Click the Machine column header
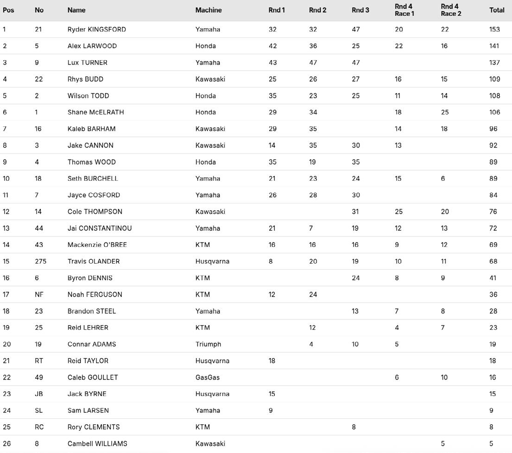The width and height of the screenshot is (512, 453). tap(209, 10)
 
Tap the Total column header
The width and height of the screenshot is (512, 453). tap(497, 10)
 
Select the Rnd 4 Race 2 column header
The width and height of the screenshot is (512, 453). tap(451, 10)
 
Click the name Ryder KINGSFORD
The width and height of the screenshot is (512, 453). tap(96, 29)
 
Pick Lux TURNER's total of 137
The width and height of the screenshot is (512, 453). tap(494, 63)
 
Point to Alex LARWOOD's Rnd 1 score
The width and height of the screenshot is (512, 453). tap(272, 46)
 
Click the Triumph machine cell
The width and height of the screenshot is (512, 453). tap(208, 344)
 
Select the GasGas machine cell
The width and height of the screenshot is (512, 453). tap(207, 377)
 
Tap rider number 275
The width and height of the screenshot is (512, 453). tap(40, 261)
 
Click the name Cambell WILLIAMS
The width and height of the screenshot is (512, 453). tap(97, 444)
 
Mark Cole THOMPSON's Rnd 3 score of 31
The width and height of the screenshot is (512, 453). tap(355, 212)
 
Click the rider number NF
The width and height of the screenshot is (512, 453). tap(39, 295)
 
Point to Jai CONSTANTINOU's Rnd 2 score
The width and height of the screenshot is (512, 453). tap(311, 228)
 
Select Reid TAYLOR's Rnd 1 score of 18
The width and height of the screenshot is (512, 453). tap(272, 361)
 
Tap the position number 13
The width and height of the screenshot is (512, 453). tap(6, 228)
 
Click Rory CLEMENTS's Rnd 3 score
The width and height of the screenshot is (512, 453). tap(354, 427)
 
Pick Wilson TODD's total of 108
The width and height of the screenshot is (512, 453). tap(494, 96)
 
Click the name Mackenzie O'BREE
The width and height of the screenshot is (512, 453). tap(97, 245)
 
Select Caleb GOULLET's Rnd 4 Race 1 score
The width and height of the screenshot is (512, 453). tap(397, 377)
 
